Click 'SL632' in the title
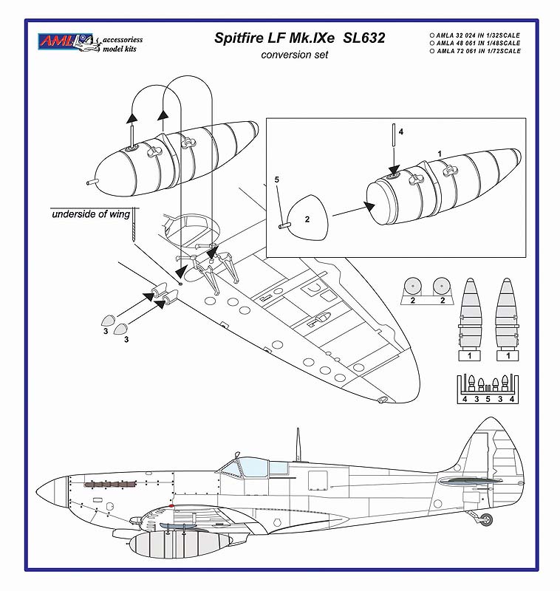(366, 37)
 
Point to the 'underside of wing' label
(91, 214)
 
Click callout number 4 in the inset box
(400, 131)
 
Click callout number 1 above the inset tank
(440, 153)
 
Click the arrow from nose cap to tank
(347, 211)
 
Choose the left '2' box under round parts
(414, 301)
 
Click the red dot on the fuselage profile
(171, 504)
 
